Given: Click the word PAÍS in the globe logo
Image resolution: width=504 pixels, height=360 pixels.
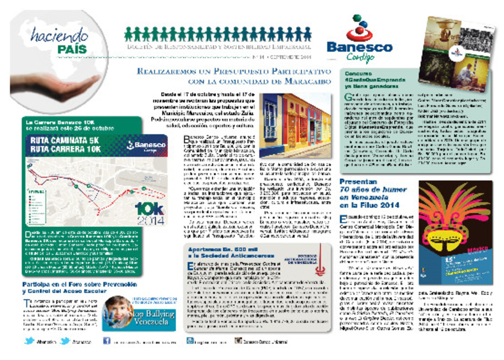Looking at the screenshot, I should point(73,49).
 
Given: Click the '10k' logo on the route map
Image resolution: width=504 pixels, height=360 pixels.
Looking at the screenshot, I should point(150,208).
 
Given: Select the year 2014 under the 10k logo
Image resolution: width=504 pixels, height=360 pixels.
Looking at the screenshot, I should point(150,220).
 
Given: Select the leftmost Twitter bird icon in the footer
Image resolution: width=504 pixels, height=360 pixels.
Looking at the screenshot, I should point(29,341).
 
